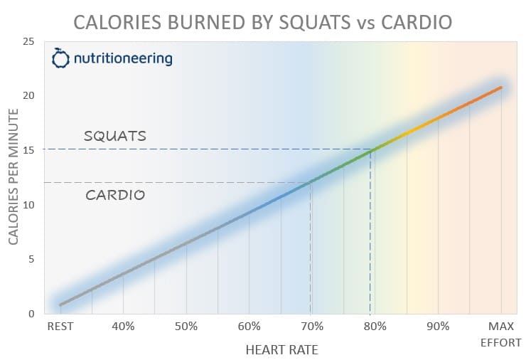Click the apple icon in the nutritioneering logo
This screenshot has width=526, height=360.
(x=61, y=58)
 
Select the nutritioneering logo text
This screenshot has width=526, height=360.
(x=122, y=58)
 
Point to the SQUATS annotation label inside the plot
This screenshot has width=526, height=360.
(x=114, y=135)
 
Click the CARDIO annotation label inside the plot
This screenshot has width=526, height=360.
(x=115, y=194)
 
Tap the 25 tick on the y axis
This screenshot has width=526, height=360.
(x=31, y=41)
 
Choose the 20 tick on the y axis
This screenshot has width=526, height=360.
(x=31, y=96)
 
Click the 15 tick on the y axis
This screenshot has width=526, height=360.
(x=31, y=150)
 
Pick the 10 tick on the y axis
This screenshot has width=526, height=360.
(x=31, y=205)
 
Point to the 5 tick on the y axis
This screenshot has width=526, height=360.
(x=33, y=260)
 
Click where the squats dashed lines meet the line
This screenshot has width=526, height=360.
(x=370, y=150)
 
